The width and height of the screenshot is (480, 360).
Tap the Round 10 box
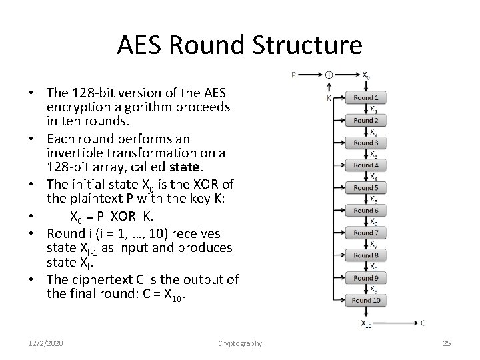tap(366, 301)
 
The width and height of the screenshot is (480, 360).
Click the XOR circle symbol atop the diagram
tap(329, 75)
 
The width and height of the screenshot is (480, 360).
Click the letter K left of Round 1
tap(329, 98)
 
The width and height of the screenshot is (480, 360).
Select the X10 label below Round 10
tap(366, 325)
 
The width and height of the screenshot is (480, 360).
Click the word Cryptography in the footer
tap(240, 343)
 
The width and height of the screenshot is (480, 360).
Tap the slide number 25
tap(447, 343)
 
